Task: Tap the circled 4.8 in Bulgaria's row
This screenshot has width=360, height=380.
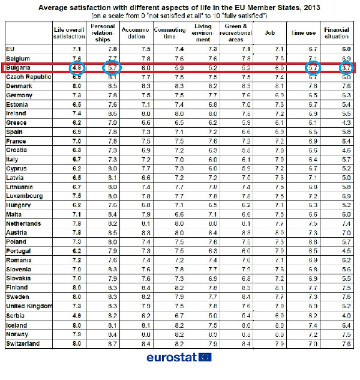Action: click(77, 68)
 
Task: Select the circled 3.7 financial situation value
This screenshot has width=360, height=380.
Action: click(344, 68)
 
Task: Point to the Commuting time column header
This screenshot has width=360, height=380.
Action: click(170, 32)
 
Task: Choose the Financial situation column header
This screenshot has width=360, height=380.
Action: click(337, 32)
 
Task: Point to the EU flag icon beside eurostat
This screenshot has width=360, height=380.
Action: click(205, 358)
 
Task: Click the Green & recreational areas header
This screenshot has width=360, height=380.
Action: click(236, 32)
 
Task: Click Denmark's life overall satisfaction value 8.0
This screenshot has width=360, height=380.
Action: click(76, 86)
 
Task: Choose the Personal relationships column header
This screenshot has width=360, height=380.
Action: click(103, 32)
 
